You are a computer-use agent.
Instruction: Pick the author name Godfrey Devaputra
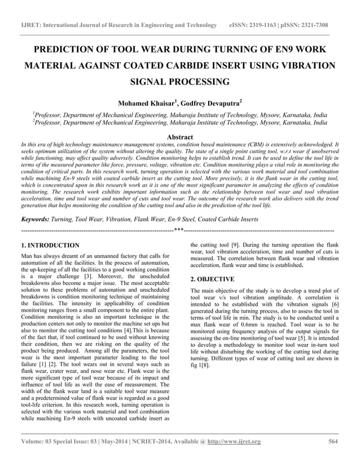pyautogui.click(x=210, y=103)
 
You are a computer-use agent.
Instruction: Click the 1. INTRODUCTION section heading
pyautogui.click(x=50, y=246)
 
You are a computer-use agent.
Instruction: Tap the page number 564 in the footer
pyautogui.click(x=333, y=441)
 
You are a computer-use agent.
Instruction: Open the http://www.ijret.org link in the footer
pyautogui.click(x=232, y=441)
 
